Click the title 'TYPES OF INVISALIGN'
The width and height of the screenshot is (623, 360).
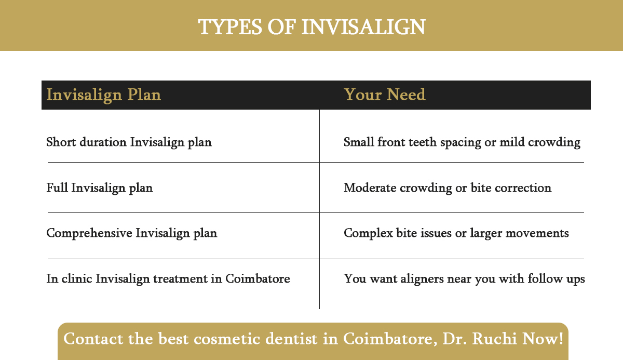click(311, 26)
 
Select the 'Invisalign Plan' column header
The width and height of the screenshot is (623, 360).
click(103, 95)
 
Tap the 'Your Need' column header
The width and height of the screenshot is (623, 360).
click(385, 95)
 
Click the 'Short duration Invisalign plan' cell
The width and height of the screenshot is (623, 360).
click(129, 142)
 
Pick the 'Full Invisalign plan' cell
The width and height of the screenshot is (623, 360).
click(99, 188)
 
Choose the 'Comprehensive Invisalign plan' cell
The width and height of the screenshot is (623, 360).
click(131, 233)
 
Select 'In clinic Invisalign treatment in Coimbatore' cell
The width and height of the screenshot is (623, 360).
click(168, 279)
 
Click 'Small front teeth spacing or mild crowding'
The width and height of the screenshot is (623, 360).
click(462, 142)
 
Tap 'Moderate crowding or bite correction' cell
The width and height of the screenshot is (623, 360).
click(447, 188)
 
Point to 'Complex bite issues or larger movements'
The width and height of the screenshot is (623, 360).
click(456, 233)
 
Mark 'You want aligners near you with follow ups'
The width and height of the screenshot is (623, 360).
click(464, 279)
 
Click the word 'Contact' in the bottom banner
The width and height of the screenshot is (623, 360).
click(92, 339)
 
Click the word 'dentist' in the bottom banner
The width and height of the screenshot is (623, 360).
click(290, 339)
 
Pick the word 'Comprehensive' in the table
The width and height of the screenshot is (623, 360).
click(89, 233)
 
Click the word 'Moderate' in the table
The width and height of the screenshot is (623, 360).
click(370, 188)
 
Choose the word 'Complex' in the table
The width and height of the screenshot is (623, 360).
click(367, 233)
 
